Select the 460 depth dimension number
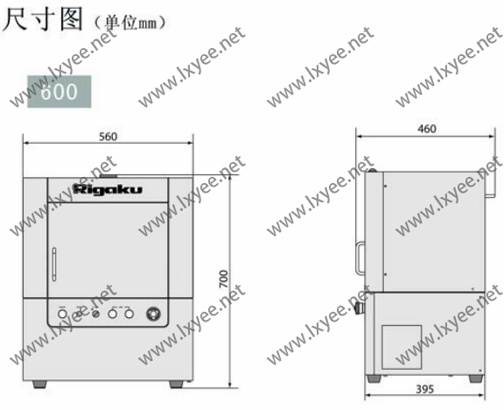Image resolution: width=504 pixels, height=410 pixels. click(427, 129)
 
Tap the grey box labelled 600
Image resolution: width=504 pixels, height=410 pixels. click(59, 91)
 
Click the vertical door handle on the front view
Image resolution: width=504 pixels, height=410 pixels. click(52, 263)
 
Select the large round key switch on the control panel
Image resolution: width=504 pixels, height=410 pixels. click(155, 313)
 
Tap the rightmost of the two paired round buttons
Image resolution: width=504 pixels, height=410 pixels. click(128, 313)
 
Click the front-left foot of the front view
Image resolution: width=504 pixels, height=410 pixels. click(40, 384)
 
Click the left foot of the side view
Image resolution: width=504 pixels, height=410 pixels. click(374, 379)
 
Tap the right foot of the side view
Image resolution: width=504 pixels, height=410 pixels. click(473, 379)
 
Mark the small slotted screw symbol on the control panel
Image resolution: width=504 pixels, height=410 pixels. click(95, 313)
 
